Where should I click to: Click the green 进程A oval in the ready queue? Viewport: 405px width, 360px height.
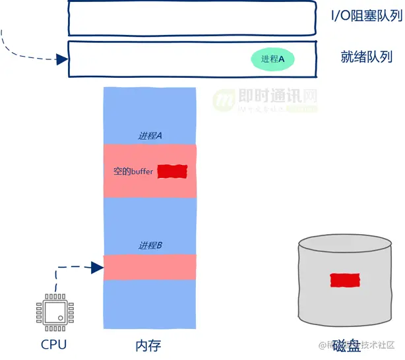[x=272, y=59]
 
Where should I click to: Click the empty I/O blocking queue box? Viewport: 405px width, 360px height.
[x=191, y=18]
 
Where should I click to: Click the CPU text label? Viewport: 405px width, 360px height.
[x=53, y=344]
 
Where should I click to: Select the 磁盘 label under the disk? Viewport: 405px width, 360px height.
[x=346, y=345]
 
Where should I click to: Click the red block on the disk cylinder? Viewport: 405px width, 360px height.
[x=345, y=280]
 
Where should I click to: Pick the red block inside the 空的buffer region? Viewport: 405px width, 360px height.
[x=173, y=171]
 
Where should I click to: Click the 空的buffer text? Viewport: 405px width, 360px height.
[x=133, y=171]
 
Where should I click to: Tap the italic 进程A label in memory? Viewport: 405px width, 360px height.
[x=150, y=136]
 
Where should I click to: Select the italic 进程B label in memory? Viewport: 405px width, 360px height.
[x=150, y=245]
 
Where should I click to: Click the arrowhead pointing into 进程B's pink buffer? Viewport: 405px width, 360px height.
[x=99, y=267]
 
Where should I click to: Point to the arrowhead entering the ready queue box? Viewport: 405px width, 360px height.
[x=63, y=59]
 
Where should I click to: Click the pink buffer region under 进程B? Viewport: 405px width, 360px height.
[x=150, y=267]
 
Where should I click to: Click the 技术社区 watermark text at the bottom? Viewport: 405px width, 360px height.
[x=375, y=345]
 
